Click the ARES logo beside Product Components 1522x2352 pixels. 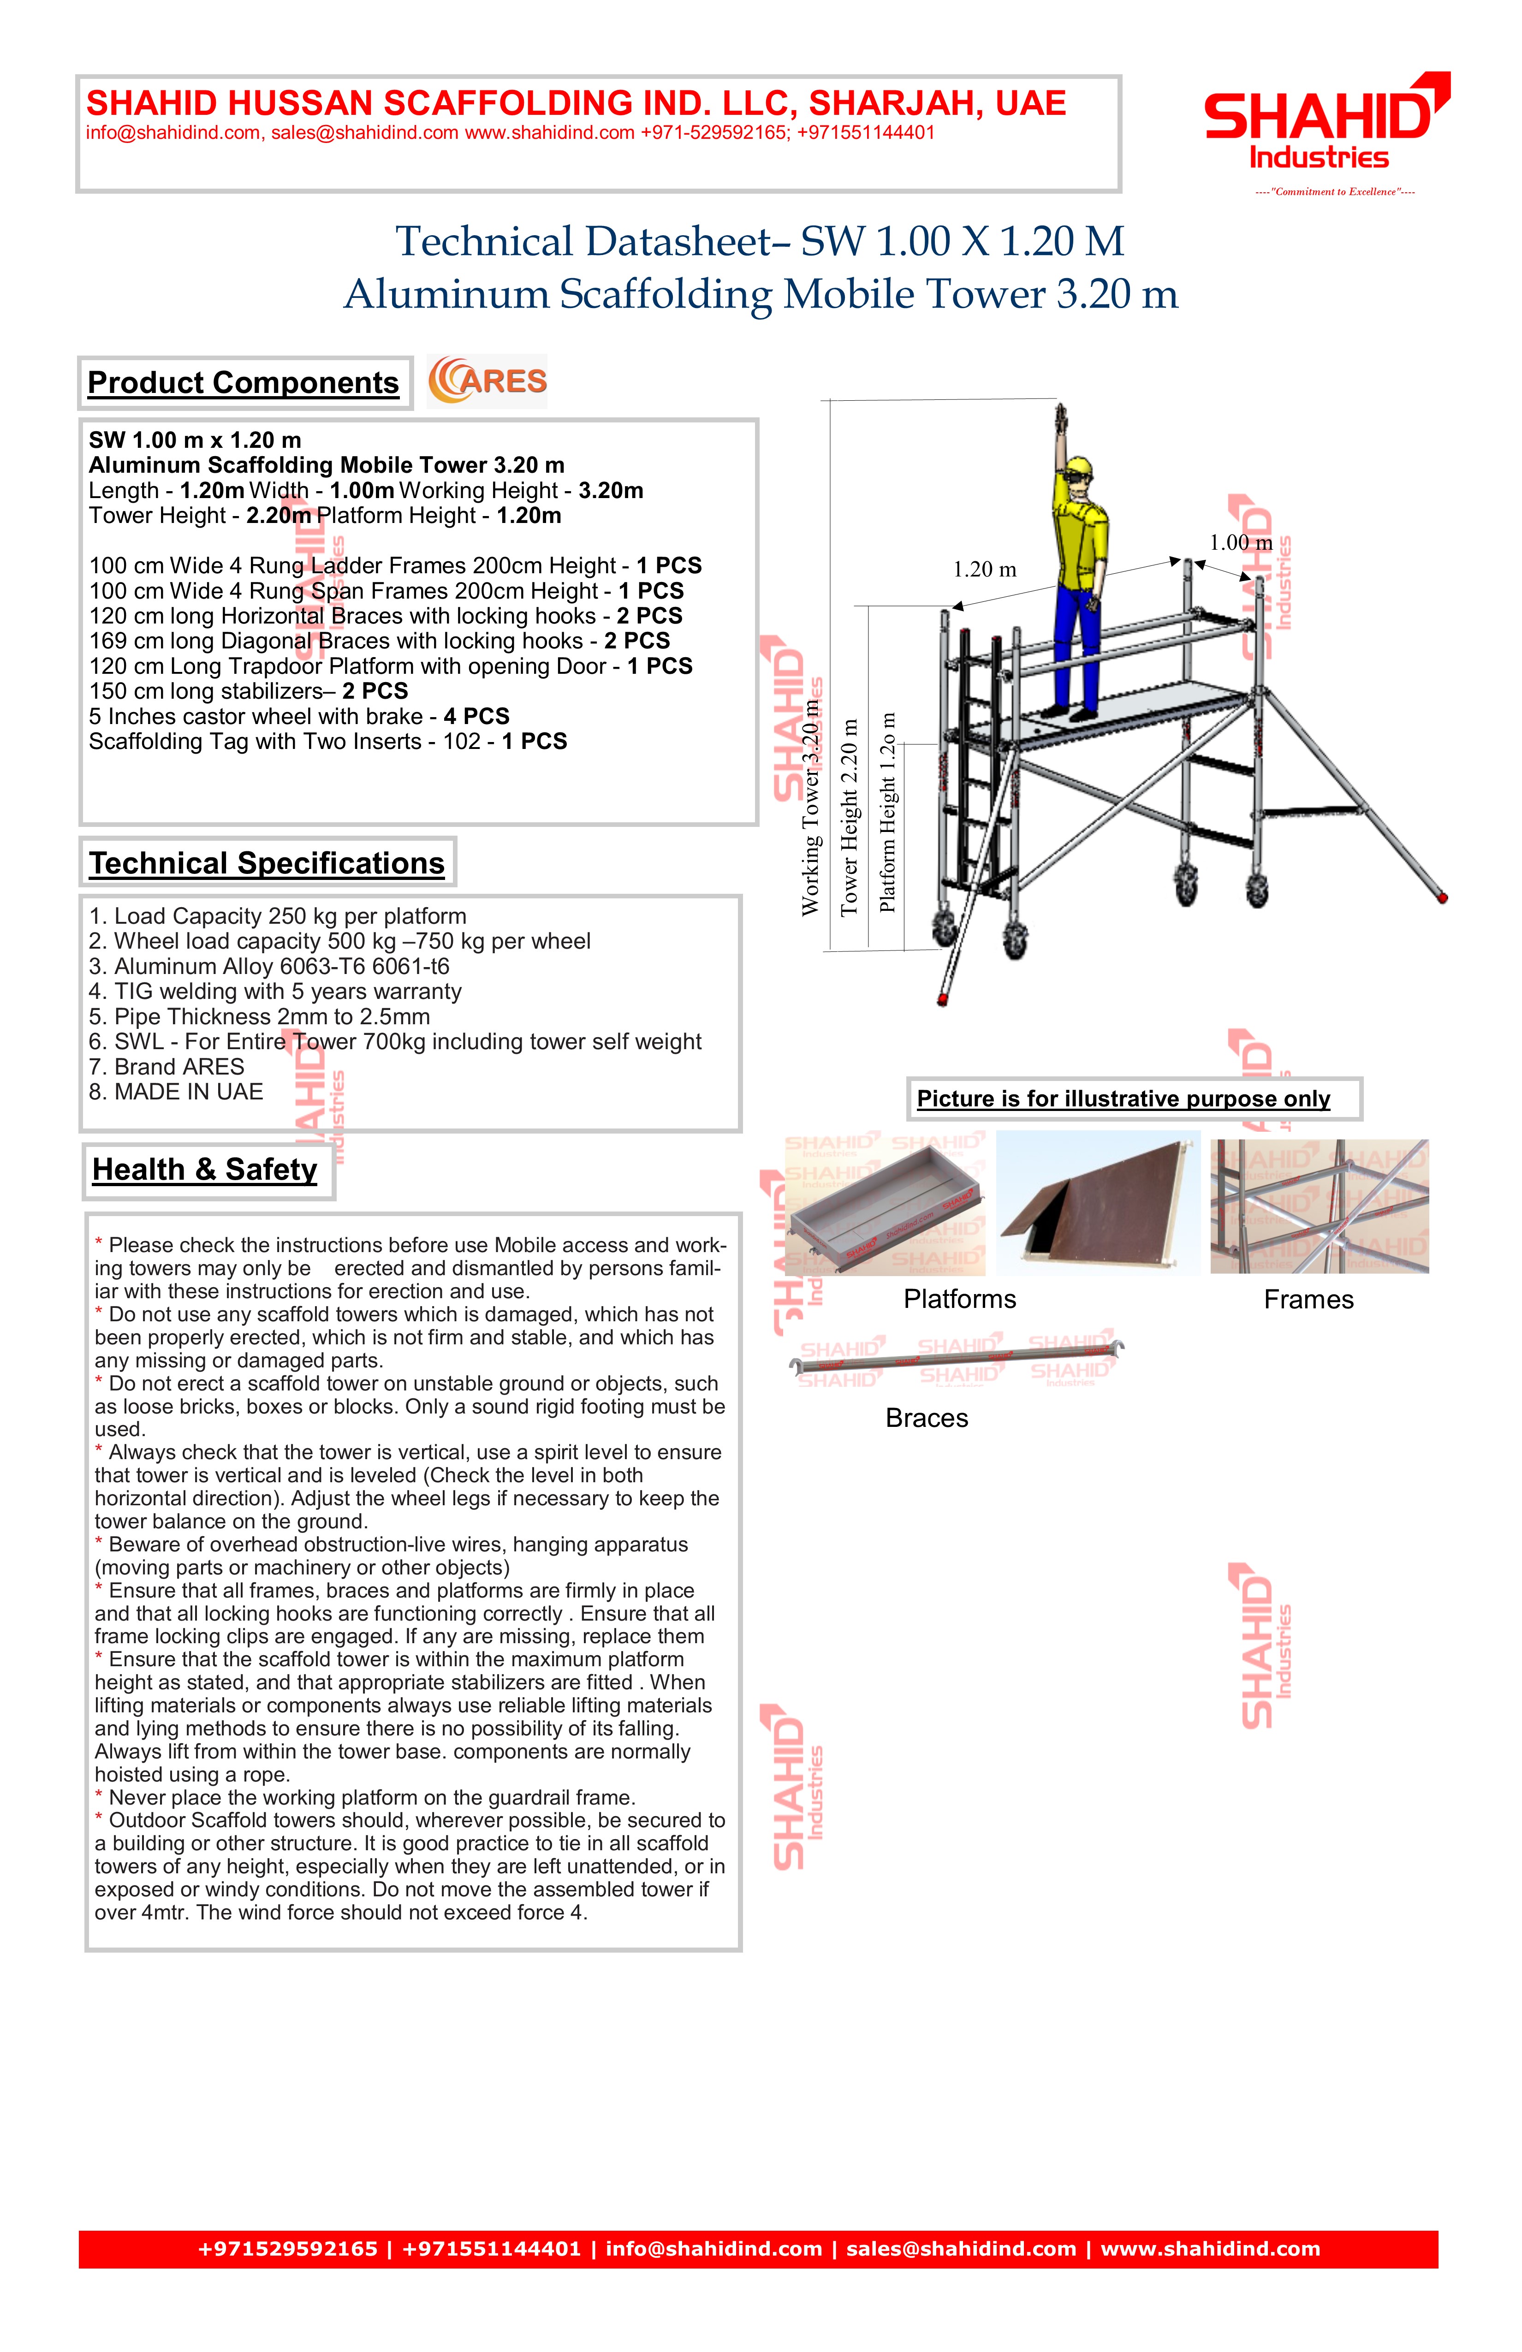(487, 381)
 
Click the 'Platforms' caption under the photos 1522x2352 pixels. (960, 1300)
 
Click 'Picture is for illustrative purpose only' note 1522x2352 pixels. (1124, 1099)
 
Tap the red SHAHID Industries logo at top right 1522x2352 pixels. (1324, 124)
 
